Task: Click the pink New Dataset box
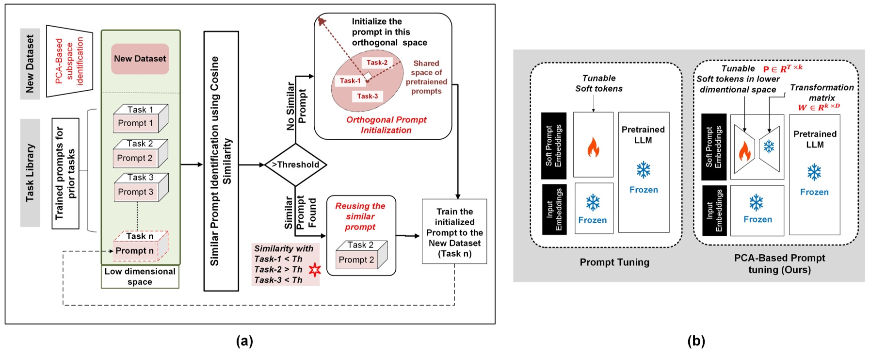point(140,59)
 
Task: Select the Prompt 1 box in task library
point(135,123)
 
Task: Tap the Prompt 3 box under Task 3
point(136,192)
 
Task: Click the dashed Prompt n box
point(135,251)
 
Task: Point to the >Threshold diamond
point(295,165)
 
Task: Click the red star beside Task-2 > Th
point(315,270)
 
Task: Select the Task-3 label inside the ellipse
point(367,96)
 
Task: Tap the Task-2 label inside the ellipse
point(377,63)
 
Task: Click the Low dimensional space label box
point(140,277)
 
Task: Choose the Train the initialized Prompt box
point(454,232)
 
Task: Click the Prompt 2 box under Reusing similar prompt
point(356,260)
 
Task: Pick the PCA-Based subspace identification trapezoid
point(69,61)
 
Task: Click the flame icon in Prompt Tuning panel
point(593,147)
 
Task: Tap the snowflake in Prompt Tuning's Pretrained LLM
point(644,170)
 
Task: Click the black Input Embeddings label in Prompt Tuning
point(554,209)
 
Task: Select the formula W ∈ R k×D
point(819,107)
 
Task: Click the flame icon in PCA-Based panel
point(744,151)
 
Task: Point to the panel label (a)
point(244,341)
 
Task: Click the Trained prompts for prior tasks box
point(65,174)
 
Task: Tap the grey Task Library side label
point(30,173)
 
